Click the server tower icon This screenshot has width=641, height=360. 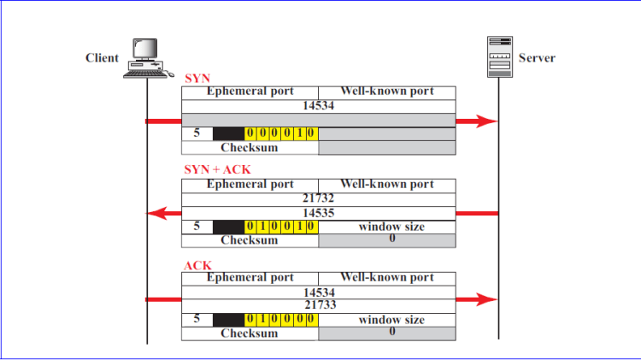498,56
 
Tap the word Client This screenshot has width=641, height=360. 102,58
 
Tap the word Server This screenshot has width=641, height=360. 537,58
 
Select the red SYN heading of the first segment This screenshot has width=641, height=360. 197,78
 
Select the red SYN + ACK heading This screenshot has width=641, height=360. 218,170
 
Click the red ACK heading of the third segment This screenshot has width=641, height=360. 198,265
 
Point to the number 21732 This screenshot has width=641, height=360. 318,198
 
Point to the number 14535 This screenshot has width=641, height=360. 318,212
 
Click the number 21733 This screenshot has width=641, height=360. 318,304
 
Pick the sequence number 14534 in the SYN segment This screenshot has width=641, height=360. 318,106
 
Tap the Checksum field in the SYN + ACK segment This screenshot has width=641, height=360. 250,240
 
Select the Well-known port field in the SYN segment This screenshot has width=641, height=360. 386,91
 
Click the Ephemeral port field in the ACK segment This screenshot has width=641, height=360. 250,278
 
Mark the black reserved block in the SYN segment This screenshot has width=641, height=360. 228,134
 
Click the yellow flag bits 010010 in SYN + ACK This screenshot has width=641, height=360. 281,227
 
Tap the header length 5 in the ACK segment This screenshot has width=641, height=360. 197,320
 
